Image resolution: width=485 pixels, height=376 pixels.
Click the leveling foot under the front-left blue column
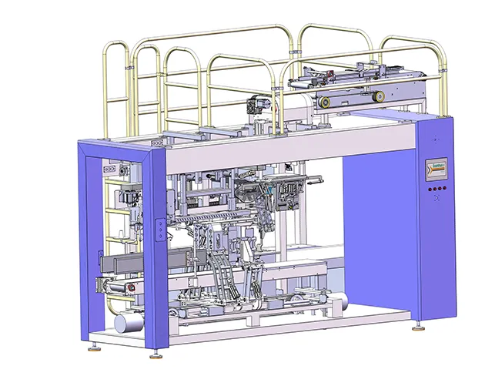[157, 354]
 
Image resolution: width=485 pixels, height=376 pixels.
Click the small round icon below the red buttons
[436, 199]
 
